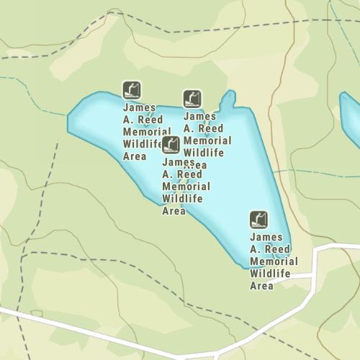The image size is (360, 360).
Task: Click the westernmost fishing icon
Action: point(132,89)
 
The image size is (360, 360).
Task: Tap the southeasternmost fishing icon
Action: point(258,219)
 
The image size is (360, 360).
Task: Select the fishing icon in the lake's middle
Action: point(171,145)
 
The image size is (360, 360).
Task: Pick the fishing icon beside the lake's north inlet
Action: point(192,98)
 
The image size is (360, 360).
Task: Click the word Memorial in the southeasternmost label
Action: point(273,261)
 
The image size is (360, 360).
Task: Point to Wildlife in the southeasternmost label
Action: point(270,274)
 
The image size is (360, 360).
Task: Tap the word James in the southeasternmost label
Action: point(266,237)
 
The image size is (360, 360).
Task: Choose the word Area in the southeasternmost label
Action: point(261,286)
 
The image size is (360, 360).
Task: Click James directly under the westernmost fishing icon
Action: point(139,108)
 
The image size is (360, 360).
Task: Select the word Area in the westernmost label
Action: point(135,156)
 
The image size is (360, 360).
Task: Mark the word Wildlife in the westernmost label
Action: point(144,144)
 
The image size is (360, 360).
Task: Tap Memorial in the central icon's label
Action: point(186,186)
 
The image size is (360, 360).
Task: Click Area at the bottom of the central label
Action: point(174,211)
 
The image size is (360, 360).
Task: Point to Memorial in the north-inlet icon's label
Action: point(207,140)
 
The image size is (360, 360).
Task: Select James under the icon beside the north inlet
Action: point(200,116)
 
